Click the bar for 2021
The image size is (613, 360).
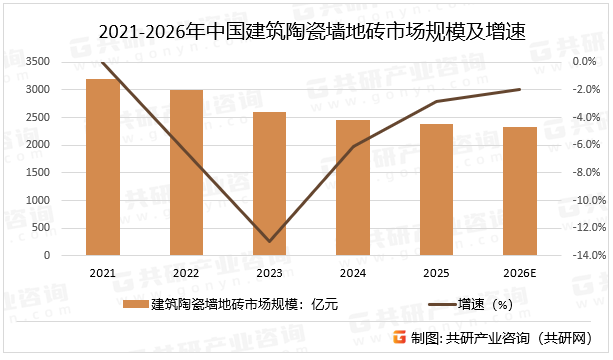coord(103,167)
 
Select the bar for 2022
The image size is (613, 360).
coord(186,172)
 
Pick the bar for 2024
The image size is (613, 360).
coord(352,187)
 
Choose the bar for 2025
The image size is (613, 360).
coord(436,189)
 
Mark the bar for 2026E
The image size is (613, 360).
coord(519,191)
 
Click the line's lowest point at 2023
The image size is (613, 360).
coord(269,241)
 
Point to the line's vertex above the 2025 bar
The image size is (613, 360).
coord(436,101)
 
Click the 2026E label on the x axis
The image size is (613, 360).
coord(519,273)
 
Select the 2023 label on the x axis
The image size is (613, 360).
coord(269,273)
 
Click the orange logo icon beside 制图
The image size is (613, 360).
coord(399,338)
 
